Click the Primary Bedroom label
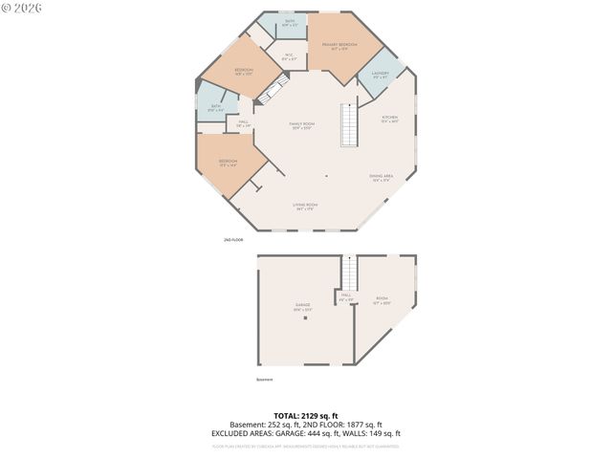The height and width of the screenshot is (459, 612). [x=339, y=46]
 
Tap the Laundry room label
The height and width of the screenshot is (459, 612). [x=381, y=75]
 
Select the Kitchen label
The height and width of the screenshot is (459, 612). [x=390, y=120]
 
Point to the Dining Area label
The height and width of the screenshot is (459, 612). [x=381, y=178]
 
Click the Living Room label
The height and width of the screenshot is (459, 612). [x=306, y=207]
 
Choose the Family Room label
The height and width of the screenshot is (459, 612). [x=303, y=126]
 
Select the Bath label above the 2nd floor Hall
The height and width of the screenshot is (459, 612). [x=216, y=108]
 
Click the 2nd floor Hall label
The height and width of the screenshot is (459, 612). [x=243, y=123]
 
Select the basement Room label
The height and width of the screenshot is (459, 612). [x=382, y=299]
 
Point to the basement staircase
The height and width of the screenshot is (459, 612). [x=349, y=273]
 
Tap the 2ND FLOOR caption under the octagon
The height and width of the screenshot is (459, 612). [x=234, y=240]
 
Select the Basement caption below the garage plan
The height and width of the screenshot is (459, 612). [x=264, y=380]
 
